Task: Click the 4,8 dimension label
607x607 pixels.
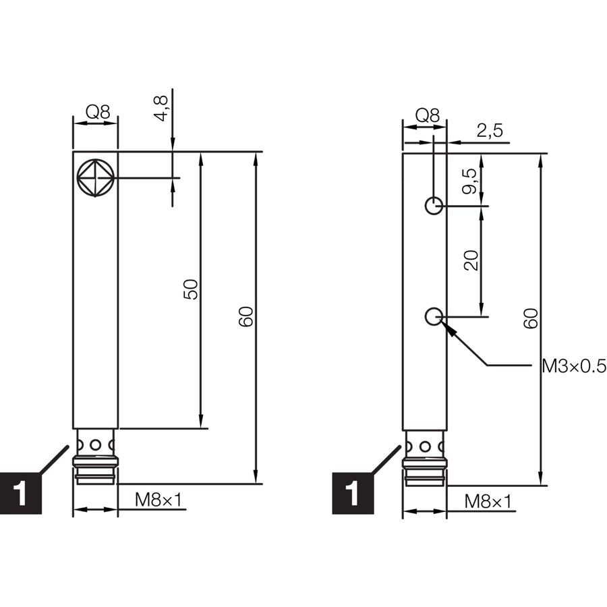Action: click(x=162, y=108)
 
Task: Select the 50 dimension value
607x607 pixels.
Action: click(x=191, y=289)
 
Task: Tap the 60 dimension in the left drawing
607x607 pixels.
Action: click(x=245, y=317)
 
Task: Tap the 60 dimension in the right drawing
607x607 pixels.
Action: click(x=531, y=318)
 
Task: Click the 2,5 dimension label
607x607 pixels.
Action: click(x=490, y=130)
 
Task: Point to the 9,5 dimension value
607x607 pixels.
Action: click(x=471, y=181)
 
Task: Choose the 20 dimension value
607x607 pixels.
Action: click(x=471, y=260)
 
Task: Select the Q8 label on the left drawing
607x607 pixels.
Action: click(x=98, y=112)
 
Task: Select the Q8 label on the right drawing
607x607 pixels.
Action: click(x=428, y=115)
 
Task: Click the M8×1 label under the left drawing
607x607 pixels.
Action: click(x=158, y=500)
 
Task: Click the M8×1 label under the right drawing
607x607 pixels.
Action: click(x=488, y=502)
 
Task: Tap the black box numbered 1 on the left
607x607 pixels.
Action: click(x=21, y=493)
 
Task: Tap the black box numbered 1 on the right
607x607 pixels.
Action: click(x=353, y=493)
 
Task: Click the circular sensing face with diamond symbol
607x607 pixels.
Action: click(x=95, y=178)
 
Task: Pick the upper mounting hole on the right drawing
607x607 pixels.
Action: click(x=434, y=205)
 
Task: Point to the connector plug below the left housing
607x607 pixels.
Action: click(x=95, y=457)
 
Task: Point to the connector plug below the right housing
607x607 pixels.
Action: click(x=425, y=459)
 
